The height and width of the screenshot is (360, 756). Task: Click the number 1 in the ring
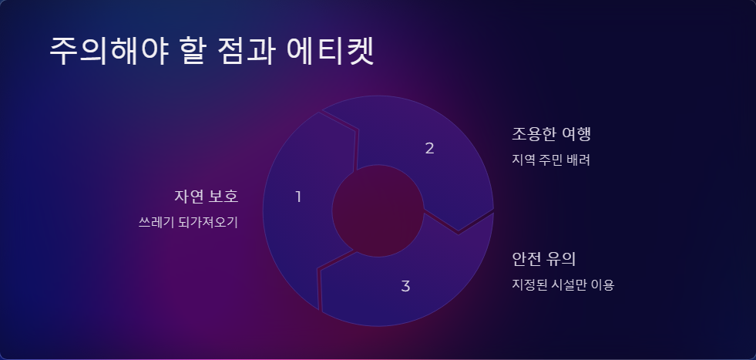point(298,197)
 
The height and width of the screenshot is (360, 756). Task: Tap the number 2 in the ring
point(430,149)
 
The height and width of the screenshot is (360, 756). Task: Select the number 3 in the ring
point(405,287)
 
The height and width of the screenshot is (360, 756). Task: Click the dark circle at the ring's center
point(378,210)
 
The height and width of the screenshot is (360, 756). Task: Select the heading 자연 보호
point(207,197)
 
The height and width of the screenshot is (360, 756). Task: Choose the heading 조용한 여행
point(551,134)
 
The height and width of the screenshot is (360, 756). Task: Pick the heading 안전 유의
point(544,258)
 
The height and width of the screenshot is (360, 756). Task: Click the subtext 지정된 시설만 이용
point(563,284)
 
